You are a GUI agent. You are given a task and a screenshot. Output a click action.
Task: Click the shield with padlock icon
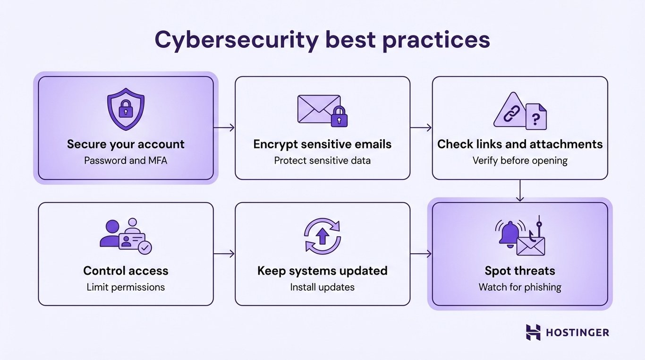coord(126,111)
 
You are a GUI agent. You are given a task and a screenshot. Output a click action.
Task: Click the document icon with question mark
coord(536,117)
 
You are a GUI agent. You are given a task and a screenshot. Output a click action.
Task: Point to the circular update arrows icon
coord(322,236)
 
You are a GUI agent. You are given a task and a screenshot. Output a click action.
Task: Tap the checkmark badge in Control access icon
coord(146,248)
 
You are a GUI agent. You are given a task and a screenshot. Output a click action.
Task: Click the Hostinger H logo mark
coord(533,332)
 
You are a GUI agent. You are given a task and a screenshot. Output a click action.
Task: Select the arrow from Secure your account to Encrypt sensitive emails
coord(224,128)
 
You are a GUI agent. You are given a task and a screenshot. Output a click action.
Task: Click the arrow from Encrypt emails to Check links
coord(421,128)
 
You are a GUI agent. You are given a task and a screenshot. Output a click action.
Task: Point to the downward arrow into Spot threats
coord(520,190)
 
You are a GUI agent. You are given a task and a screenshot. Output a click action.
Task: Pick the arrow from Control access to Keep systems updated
coord(224,254)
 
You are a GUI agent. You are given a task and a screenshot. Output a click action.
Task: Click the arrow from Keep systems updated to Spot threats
coord(421,254)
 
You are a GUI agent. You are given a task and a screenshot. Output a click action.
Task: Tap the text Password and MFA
coord(126,161)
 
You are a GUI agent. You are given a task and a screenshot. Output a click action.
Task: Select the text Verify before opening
coord(520,161)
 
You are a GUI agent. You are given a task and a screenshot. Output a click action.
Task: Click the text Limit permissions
coord(126,287)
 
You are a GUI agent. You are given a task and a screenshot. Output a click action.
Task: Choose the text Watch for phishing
coord(520,287)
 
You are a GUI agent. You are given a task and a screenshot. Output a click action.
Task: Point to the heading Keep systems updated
coord(322,271)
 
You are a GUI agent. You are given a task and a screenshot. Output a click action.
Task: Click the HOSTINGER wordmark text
coord(577,333)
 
